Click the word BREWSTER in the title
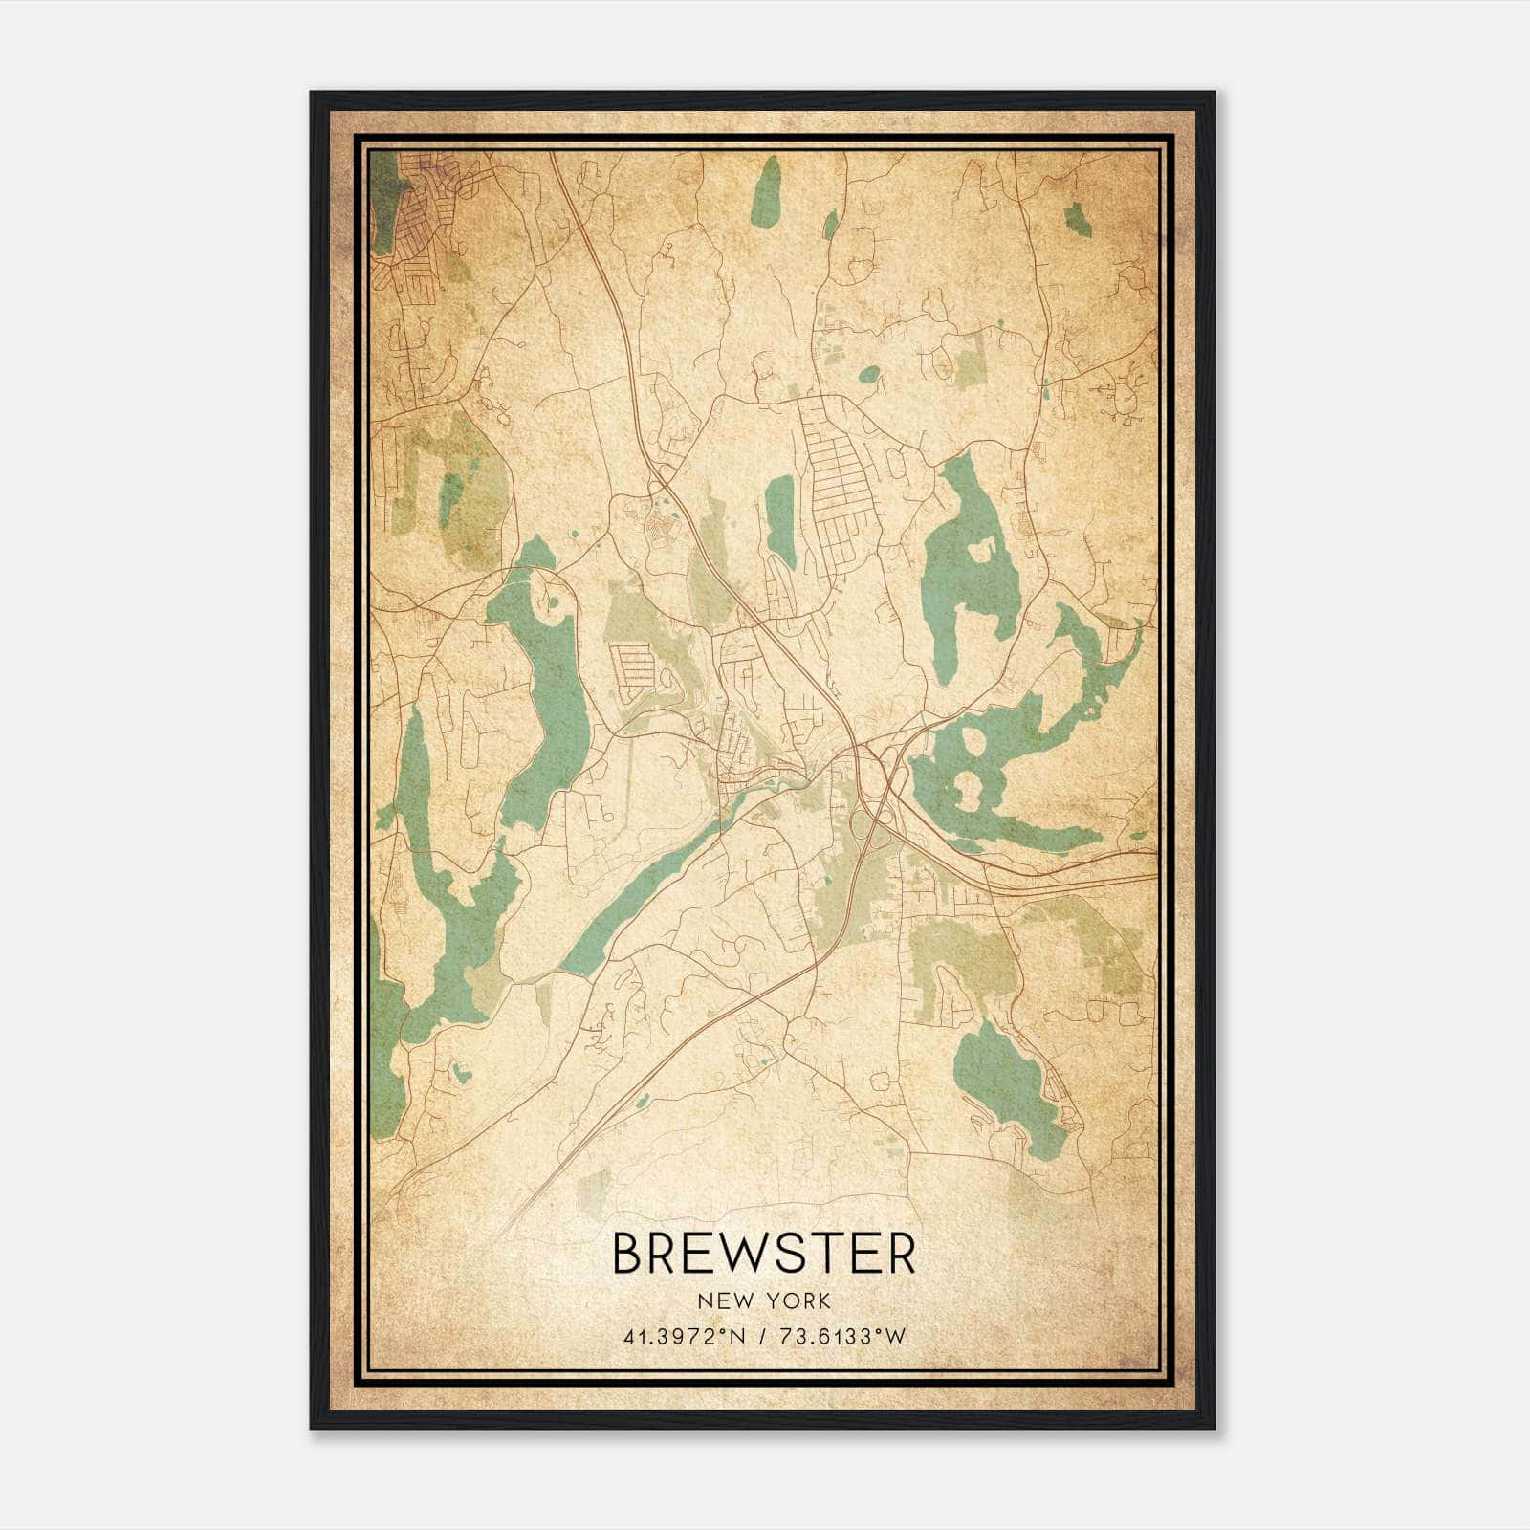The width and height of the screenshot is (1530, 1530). [x=763, y=1254]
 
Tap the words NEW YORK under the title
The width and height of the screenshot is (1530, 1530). [x=763, y=1301]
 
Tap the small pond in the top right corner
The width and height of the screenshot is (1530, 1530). [x=1078, y=219]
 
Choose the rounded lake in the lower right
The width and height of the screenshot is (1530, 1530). [x=1004, y=1081]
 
